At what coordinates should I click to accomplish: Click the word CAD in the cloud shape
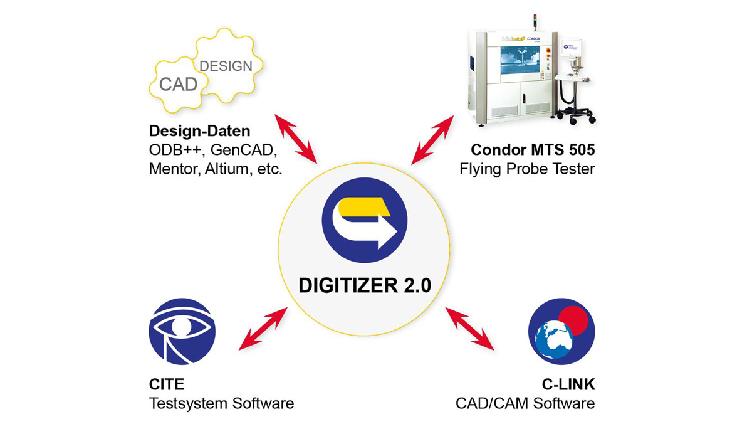(179, 84)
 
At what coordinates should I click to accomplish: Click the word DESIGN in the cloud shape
(226, 66)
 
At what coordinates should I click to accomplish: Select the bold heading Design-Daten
(199, 132)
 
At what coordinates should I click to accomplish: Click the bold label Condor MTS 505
(533, 151)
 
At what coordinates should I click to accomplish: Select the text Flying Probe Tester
(526, 169)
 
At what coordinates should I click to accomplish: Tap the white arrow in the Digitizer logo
(376, 231)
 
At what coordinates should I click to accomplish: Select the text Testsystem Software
(221, 403)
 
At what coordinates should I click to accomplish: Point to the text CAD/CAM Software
(525, 403)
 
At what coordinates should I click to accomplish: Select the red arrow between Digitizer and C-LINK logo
(469, 328)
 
